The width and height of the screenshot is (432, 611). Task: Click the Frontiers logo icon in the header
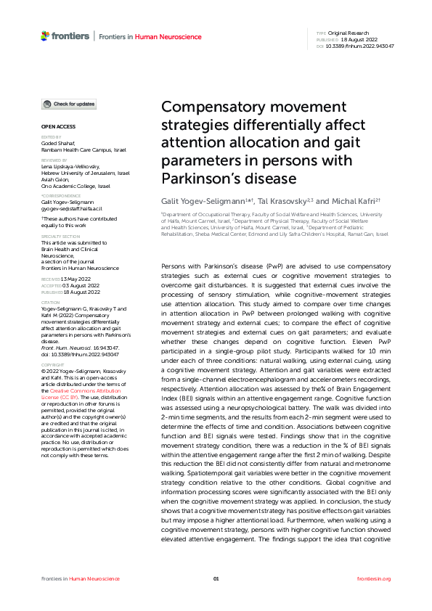click(x=46, y=36)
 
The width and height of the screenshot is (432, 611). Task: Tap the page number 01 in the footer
click(x=216, y=578)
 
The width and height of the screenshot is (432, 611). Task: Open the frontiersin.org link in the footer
click(x=374, y=578)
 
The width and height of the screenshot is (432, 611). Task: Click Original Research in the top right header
click(x=349, y=33)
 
